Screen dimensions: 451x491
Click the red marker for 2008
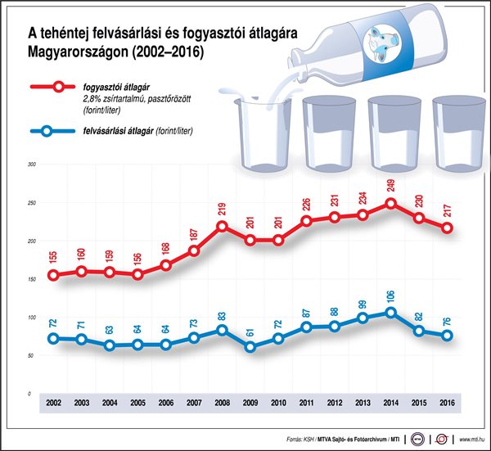coord(222,226)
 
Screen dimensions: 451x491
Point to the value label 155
coord(53,257)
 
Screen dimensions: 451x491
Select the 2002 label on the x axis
coord(53,404)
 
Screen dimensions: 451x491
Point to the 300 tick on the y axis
coord(32,165)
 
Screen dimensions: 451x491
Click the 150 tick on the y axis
coord(32,279)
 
